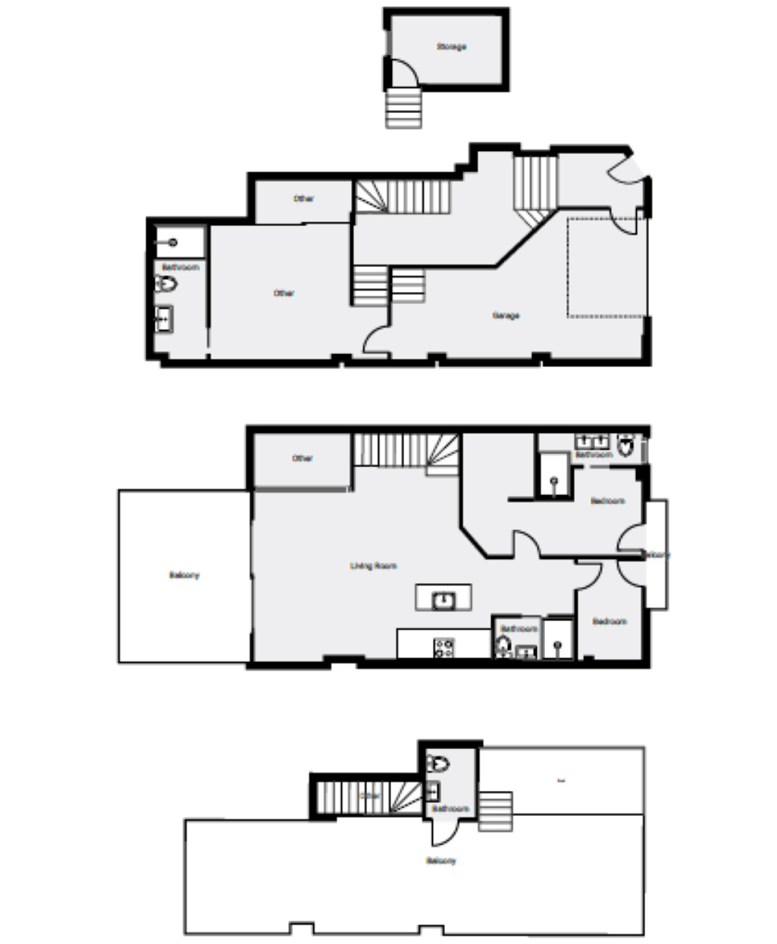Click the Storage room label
[x=451, y=47]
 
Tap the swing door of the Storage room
[x=402, y=74]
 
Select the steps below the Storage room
[x=403, y=108]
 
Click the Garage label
[x=506, y=315]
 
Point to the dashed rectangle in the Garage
[x=606, y=267]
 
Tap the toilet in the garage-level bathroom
[x=166, y=284]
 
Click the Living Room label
[x=374, y=566]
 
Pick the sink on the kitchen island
[x=443, y=601]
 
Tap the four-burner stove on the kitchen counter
[x=444, y=648]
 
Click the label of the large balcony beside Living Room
[x=184, y=575]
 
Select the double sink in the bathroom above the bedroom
[x=593, y=441]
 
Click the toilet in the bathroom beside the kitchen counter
[x=503, y=646]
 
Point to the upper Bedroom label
[x=608, y=501]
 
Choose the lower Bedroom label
[x=609, y=622]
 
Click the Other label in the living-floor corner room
[x=302, y=458]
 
